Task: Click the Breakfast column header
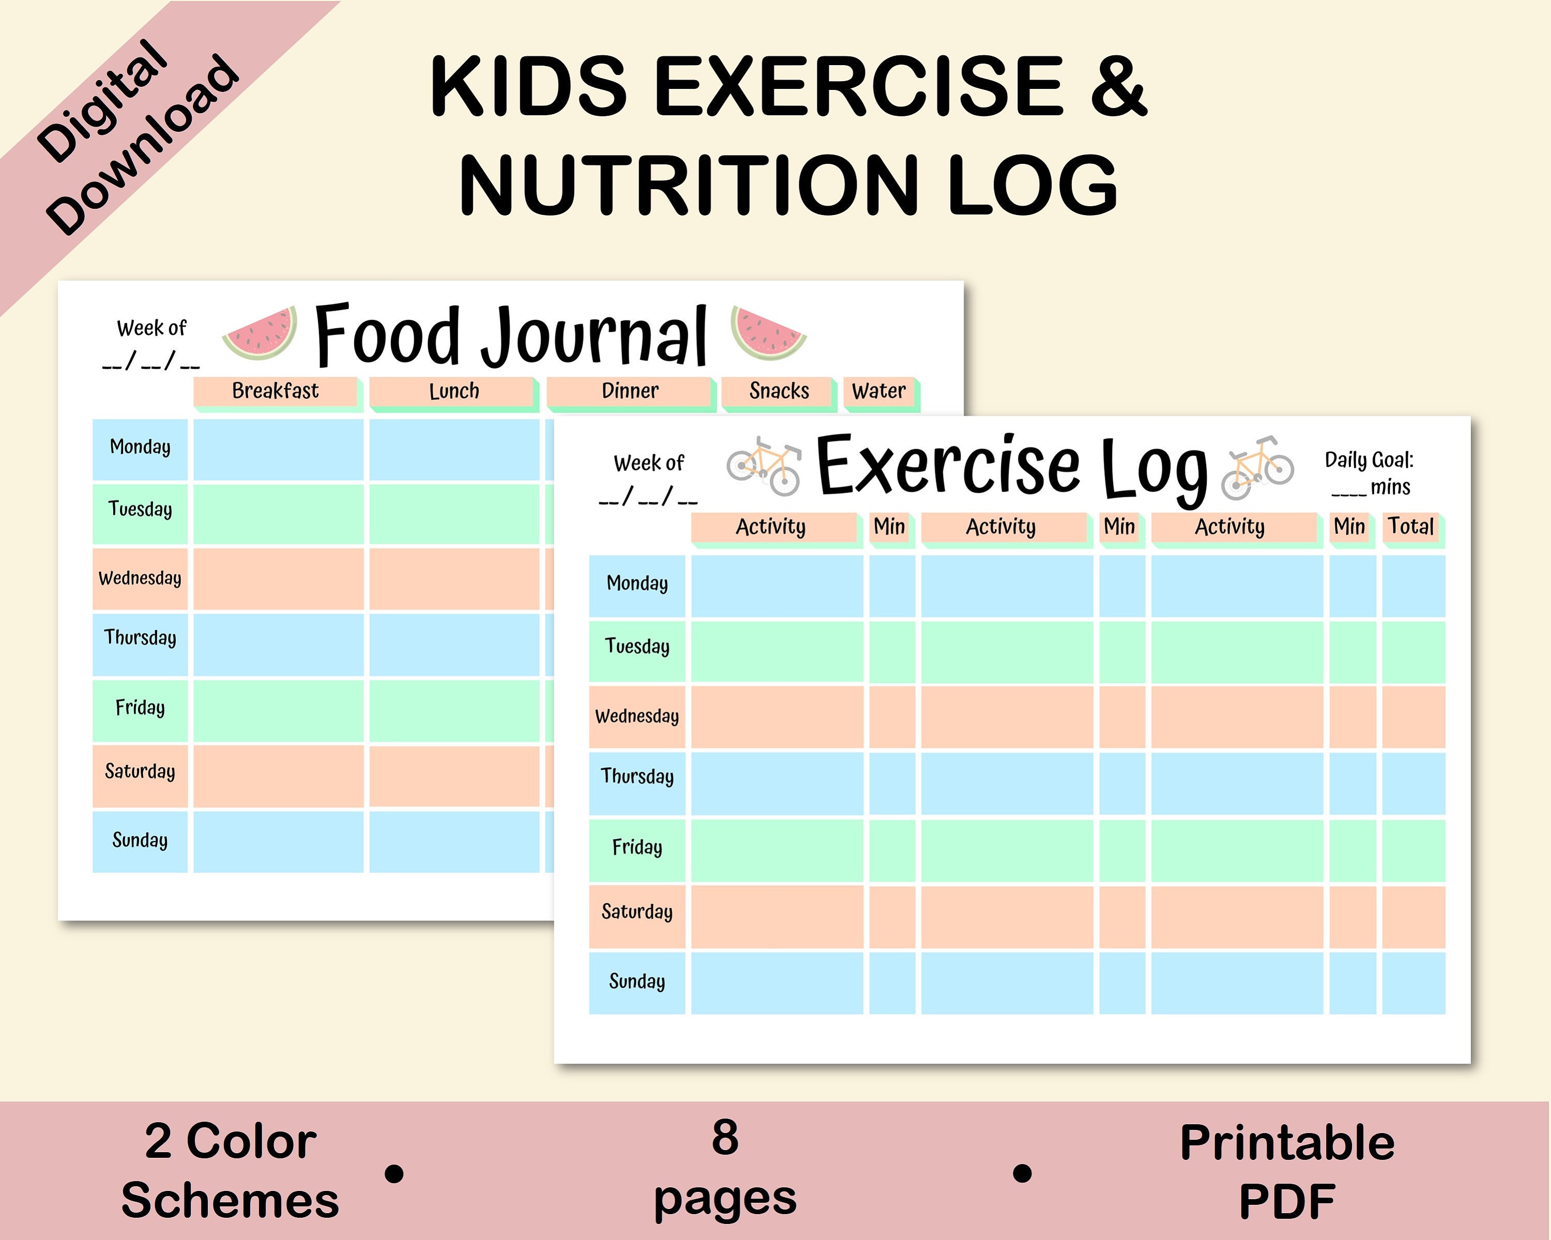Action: [x=276, y=391]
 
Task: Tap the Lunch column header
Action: [x=454, y=391]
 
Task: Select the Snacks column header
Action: [x=779, y=391]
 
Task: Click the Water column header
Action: [x=879, y=391]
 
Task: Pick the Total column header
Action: [x=1411, y=527]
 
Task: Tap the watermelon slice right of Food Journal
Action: [x=767, y=332]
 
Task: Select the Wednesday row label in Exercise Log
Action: [x=636, y=716]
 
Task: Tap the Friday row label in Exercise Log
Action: [x=636, y=847]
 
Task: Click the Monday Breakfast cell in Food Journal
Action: [x=278, y=450]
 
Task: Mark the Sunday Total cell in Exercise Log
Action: [x=1413, y=983]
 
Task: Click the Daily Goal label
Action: [x=1369, y=461]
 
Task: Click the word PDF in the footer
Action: [x=1287, y=1201]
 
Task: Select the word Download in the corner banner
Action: [x=144, y=144]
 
